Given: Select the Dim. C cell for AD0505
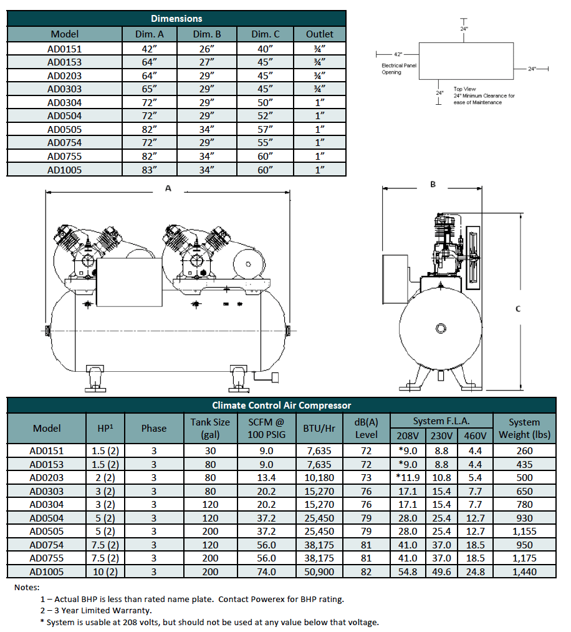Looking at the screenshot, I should pos(266,129).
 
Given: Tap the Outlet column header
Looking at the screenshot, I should pos(320,34).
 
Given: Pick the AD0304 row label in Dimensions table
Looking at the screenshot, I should pos(65,102).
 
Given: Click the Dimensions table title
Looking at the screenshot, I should pos(176,19).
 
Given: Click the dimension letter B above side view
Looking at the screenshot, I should pos(433,184).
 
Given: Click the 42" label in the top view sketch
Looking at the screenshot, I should pos(398,54).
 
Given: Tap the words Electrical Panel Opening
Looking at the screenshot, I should pos(400,69).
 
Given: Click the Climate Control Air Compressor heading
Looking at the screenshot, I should pos(281,406).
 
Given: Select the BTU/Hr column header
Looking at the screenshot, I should pos(319,428).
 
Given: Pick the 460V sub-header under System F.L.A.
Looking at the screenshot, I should pos(475,435).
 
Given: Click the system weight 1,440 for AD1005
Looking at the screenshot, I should pos(524,571).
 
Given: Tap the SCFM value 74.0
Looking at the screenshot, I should pos(266,571).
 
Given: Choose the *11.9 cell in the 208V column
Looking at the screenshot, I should pos(408,477).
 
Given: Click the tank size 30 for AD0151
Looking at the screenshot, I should pos(210,450).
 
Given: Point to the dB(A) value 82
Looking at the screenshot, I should pos(366,571).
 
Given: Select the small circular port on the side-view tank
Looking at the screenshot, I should pos(441,328).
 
